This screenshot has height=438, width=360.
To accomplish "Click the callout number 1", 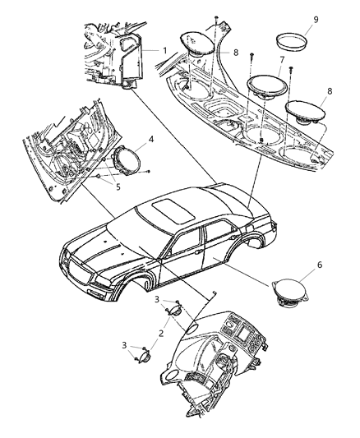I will [x=164, y=50].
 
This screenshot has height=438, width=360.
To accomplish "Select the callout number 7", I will [x=282, y=61].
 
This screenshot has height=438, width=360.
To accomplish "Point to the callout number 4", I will [x=151, y=142].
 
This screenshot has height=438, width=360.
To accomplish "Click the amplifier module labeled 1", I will [x=132, y=59].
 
